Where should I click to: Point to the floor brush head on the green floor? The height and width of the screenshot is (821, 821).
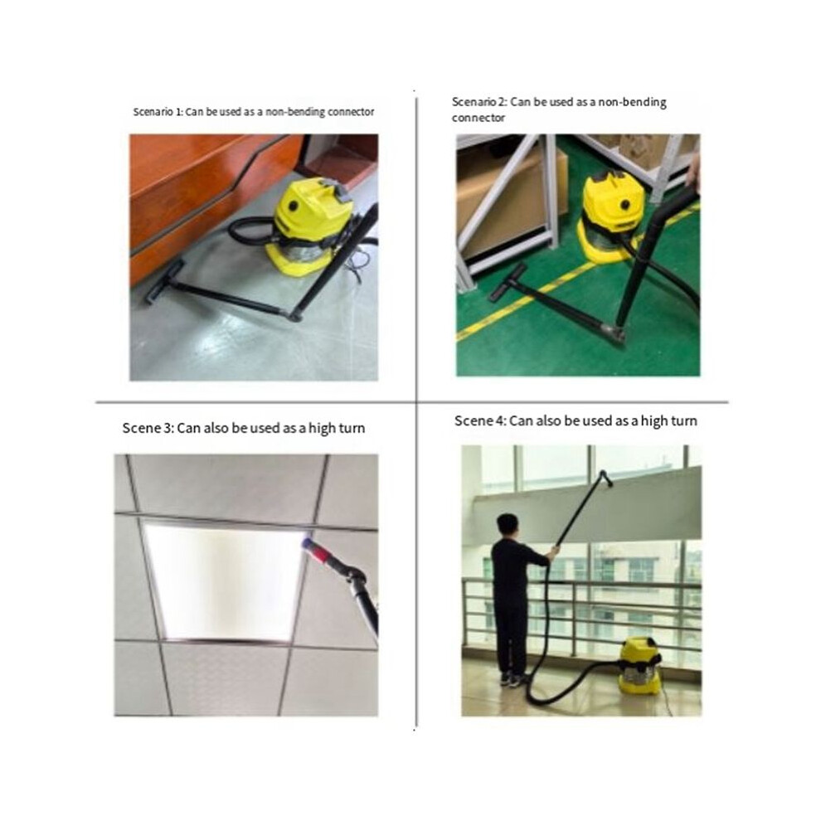[508, 282]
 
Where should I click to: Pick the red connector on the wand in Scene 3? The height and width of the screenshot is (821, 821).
[316, 549]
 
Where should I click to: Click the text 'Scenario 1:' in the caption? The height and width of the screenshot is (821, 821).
[158, 112]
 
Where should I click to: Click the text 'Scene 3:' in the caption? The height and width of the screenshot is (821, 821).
[148, 428]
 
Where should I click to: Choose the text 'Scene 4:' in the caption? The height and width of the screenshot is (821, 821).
[480, 421]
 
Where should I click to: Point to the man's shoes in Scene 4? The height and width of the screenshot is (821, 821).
[512, 680]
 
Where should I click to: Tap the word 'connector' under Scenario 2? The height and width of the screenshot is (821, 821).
[478, 118]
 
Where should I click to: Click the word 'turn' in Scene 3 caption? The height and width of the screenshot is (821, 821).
[352, 428]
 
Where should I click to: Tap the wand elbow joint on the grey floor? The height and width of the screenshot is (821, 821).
[294, 315]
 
